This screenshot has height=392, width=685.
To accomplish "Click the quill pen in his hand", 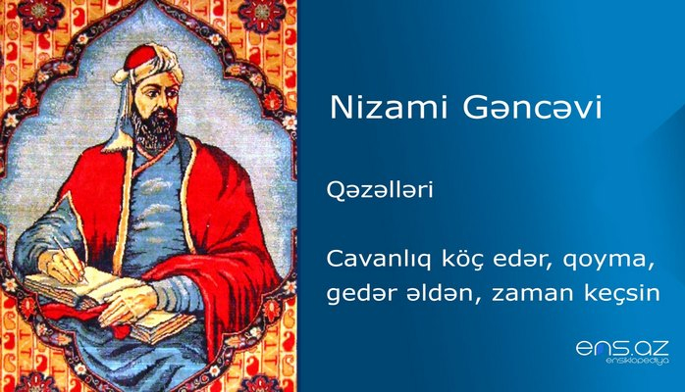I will click(69, 252).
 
